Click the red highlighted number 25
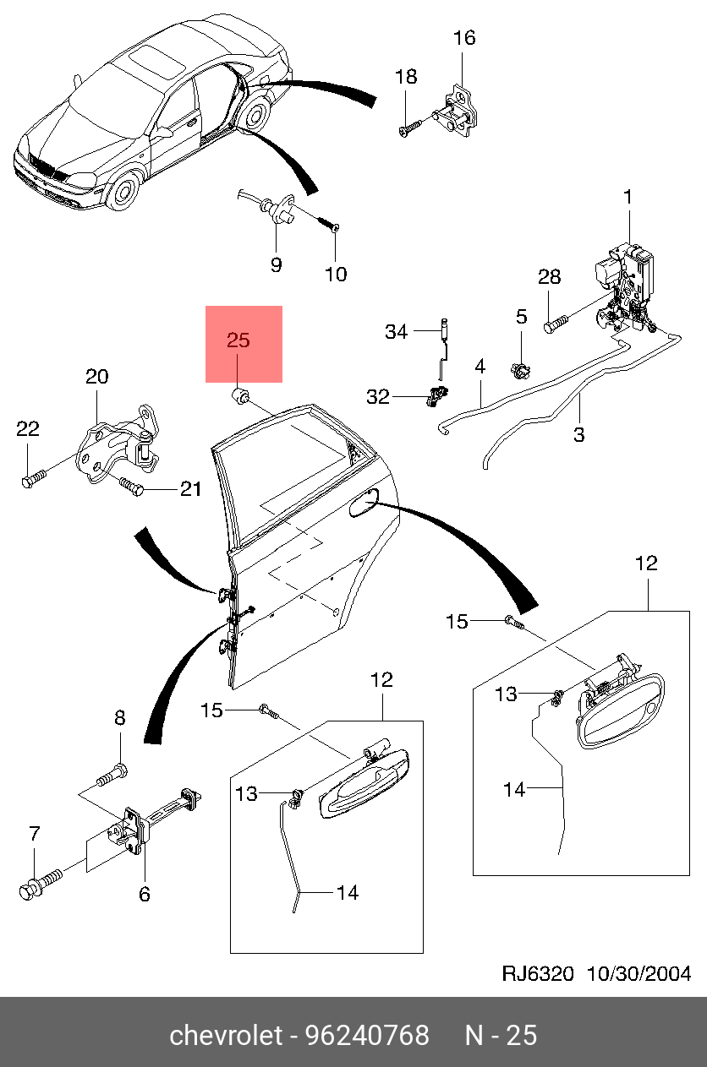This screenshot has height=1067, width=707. click(x=238, y=340)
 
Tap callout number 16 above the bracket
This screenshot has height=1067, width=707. click(x=464, y=38)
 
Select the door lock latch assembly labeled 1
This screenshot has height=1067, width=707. click(x=625, y=289)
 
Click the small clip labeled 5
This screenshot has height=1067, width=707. click(x=521, y=370)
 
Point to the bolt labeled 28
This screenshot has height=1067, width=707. click(x=556, y=324)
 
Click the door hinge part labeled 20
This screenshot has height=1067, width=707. click(x=118, y=444)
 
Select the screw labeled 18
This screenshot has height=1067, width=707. click(x=410, y=128)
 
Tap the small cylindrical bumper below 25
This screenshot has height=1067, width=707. click(x=241, y=396)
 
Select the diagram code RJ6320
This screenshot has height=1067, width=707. click(x=538, y=973)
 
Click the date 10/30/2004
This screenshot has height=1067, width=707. click(x=638, y=973)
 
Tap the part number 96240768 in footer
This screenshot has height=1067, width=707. click(x=367, y=1035)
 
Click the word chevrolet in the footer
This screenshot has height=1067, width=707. click(x=226, y=1035)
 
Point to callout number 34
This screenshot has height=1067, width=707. click(x=396, y=331)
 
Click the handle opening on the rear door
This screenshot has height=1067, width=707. click(x=364, y=502)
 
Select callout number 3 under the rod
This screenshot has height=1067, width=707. click(x=578, y=434)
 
